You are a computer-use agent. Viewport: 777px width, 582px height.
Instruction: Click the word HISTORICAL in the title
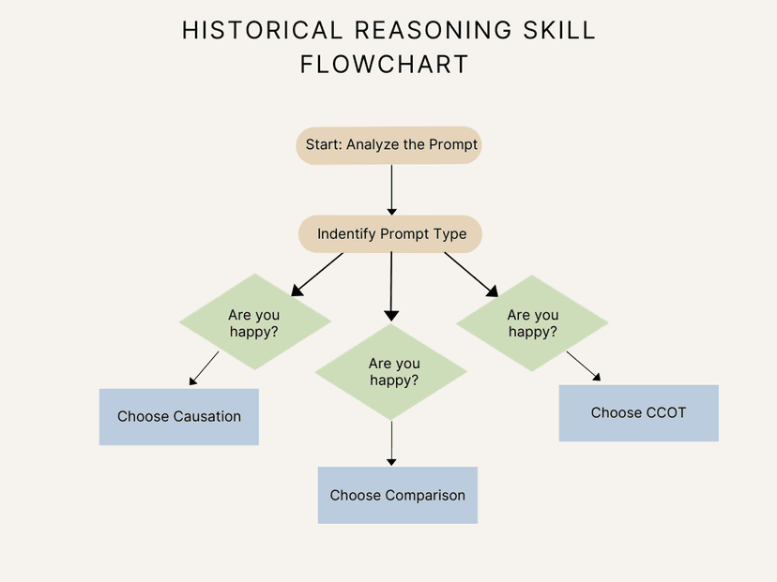(x=250, y=30)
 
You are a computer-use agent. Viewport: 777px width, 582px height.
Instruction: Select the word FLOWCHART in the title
(x=384, y=65)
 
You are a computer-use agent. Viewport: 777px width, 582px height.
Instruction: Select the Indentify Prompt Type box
(x=390, y=234)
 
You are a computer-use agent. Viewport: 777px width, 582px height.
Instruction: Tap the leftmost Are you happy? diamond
(x=254, y=323)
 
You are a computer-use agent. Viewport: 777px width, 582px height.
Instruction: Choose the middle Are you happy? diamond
(x=392, y=372)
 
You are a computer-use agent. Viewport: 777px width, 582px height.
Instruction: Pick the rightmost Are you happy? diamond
(x=532, y=323)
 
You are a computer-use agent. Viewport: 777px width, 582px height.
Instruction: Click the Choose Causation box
(x=179, y=417)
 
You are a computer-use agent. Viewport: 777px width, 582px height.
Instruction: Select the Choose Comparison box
(x=397, y=495)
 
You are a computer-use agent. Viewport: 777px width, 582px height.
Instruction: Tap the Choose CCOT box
(x=639, y=413)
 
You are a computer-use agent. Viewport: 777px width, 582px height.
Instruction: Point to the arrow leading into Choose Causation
(x=205, y=368)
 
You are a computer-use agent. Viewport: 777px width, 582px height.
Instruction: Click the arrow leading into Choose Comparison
(x=391, y=443)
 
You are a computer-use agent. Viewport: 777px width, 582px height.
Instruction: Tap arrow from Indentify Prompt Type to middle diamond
(x=391, y=286)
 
